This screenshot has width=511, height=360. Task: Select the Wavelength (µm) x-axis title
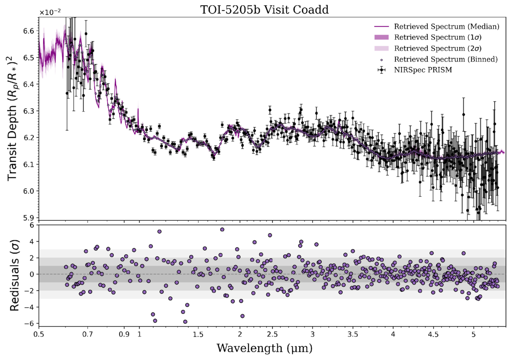click(265, 348)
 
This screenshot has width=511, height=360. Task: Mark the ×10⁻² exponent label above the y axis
click(50, 12)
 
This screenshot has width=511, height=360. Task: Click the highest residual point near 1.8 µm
click(222, 230)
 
